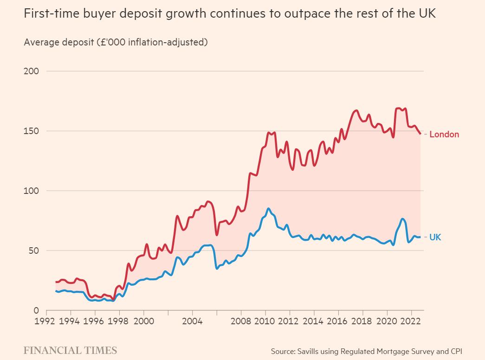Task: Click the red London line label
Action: pyautogui.click(x=444, y=135)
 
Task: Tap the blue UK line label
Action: pyautogui.click(x=435, y=237)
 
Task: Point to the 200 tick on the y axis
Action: pyautogui.click(x=32, y=71)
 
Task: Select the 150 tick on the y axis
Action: pyautogui.click(x=32, y=131)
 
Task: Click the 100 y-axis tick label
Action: pyautogui.click(x=32, y=191)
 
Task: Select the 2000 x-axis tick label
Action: pyautogui.click(x=143, y=321)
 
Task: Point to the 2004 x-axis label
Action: pyautogui.click(x=192, y=321)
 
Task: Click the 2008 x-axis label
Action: pyautogui.click(x=241, y=321)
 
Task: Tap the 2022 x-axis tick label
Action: pyautogui.click(x=411, y=321)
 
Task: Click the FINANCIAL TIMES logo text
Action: pyautogui.click(x=70, y=350)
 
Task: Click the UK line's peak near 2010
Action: pyautogui.click(x=268, y=208)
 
